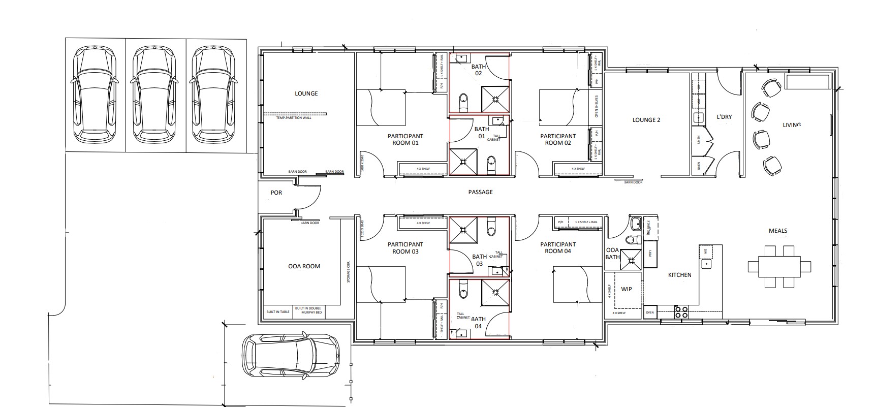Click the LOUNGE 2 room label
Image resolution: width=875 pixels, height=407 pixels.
point(646,120)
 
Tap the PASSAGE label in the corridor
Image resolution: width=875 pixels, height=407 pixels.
point(480,192)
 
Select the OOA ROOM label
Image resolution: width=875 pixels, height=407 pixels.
point(304,266)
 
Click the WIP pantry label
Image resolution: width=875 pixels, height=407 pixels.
point(627,289)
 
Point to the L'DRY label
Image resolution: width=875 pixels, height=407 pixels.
point(724,117)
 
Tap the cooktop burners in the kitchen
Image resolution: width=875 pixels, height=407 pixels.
point(680,312)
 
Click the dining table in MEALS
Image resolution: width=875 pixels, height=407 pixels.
point(779,267)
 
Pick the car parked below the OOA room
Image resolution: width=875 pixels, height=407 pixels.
point(290,355)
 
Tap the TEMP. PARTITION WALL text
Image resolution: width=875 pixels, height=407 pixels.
point(293,118)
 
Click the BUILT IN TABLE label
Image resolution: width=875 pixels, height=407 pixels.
point(278,311)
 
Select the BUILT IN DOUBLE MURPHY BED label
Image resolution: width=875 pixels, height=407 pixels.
point(308,310)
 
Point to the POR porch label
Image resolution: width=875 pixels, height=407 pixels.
point(276,193)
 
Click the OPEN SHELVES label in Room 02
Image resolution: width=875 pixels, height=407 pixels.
point(597,107)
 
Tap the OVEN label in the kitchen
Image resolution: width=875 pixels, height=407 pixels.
point(650,312)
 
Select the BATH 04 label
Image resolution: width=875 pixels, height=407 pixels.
point(478,323)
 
